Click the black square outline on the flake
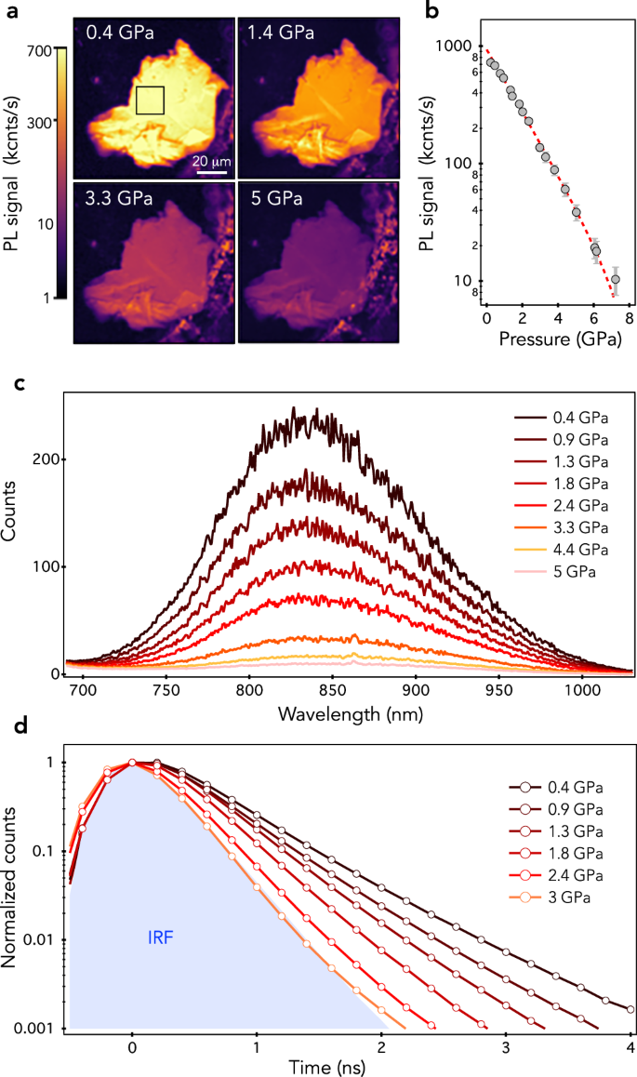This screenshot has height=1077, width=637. tap(150, 100)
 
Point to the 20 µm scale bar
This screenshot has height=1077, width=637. tap(211, 170)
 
